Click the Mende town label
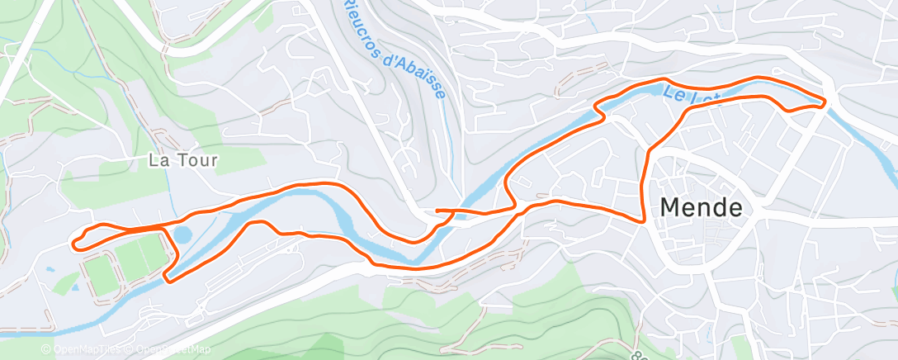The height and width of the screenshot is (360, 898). (x=702, y=207)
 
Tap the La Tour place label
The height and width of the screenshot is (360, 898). (x=183, y=160)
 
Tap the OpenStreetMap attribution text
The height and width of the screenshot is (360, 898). (x=168, y=349)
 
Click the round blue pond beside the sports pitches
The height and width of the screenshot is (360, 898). (x=182, y=234)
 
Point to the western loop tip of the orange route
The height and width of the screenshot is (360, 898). (x=75, y=242)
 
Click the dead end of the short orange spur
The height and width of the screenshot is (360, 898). (x=436, y=211)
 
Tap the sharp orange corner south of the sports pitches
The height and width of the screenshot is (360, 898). (x=168, y=279)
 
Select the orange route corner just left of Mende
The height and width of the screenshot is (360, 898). (x=643, y=220)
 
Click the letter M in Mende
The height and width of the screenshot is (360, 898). (x=672, y=207)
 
